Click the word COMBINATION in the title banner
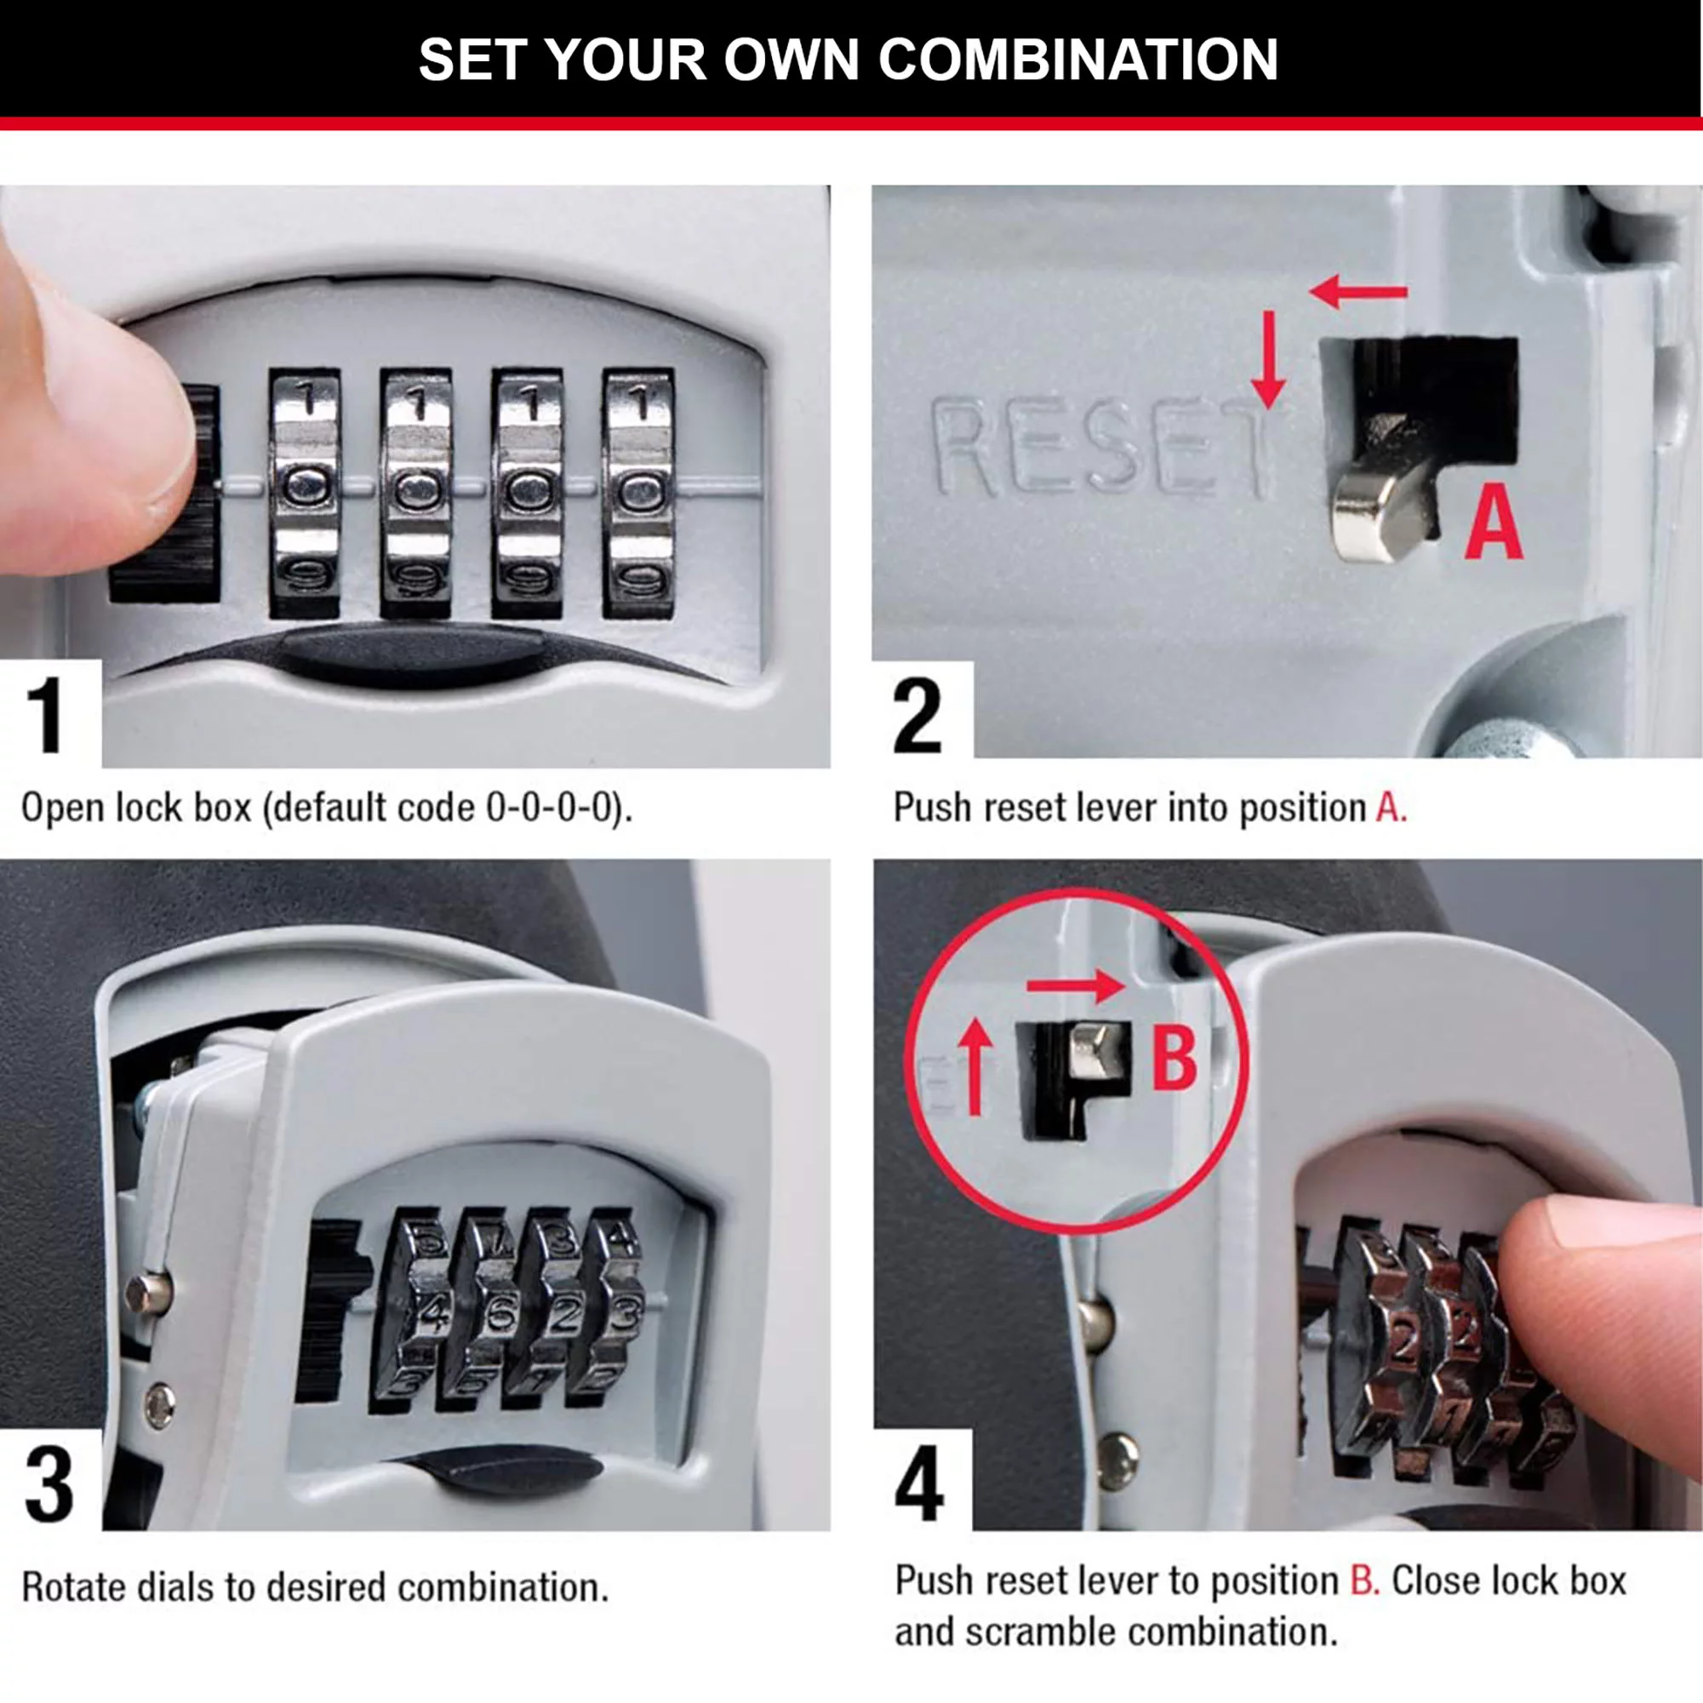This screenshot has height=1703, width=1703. pyautogui.click(x=1077, y=60)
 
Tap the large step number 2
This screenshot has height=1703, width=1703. pyautogui.click(x=917, y=715)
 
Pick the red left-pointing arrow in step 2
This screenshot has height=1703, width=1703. pyautogui.click(x=1357, y=291)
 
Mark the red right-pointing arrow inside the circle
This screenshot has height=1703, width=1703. pyautogui.click(x=1077, y=986)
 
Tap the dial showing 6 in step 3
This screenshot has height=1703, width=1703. pyautogui.click(x=498, y=1317)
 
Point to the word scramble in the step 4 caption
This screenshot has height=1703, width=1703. pyautogui.click(x=1040, y=1632)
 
